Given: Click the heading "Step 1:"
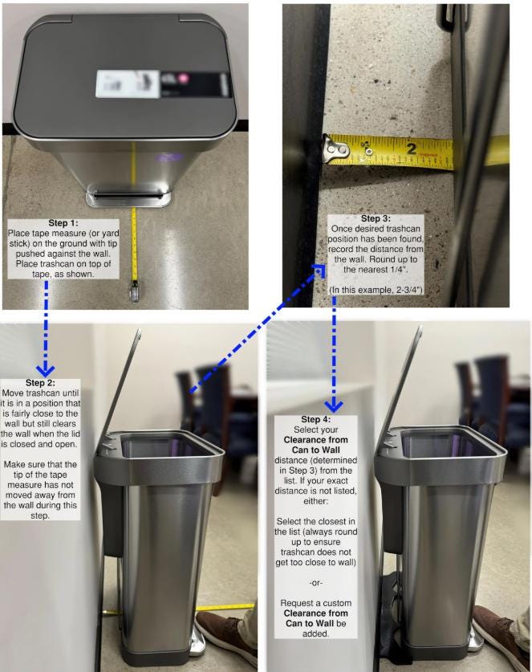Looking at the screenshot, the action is [x=63, y=223].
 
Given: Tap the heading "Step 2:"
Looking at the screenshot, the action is [x=40, y=383].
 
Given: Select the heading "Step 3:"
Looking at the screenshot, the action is [x=376, y=218].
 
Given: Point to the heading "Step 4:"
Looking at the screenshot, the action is [x=315, y=419].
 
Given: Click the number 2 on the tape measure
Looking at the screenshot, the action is [x=411, y=149].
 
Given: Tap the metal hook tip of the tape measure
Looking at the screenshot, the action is [x=336, y=149].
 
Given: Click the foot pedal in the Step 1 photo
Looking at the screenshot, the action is [x=128, y=195].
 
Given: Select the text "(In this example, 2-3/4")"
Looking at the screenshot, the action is [x=376, y=290].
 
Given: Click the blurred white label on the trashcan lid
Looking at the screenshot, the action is [x=128, y=83].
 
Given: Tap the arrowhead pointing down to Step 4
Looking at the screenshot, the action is [x=334, y=406].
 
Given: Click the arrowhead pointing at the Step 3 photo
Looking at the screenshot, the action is [x=319, y=271].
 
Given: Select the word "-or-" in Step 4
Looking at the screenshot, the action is [x=315, y=583].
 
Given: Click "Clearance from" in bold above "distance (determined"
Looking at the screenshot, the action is [x=315, y=440].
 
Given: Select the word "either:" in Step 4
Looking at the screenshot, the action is [x=315, y=501].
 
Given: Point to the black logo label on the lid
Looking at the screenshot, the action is [x=194, y=84].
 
